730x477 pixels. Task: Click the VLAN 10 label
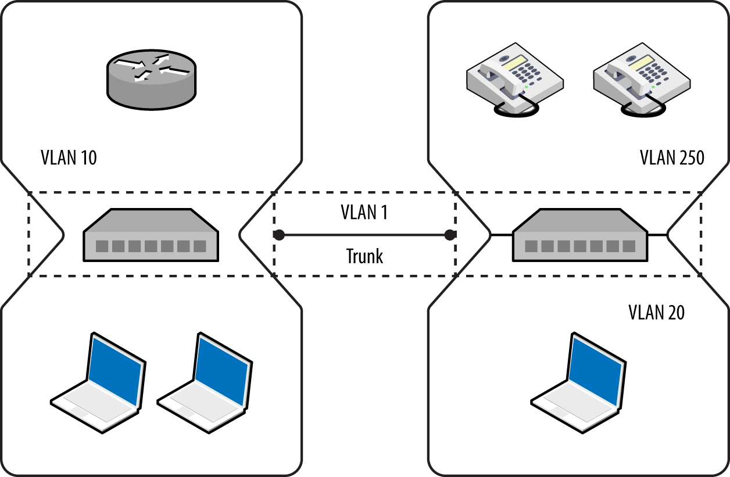pos(69,157)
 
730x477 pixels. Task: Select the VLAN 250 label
pos(672,157)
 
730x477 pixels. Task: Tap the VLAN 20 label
pos(656,313)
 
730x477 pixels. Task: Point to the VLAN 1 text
pos(364,213)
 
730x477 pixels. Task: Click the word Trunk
pos(364,256)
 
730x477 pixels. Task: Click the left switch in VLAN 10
pos(151,235)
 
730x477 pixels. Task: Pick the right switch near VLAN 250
pos(579,235)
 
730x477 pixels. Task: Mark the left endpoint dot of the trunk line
pos(279,235)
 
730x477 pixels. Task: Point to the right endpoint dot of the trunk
pos(449,235)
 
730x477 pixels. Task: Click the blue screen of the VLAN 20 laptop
pos(594,370)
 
